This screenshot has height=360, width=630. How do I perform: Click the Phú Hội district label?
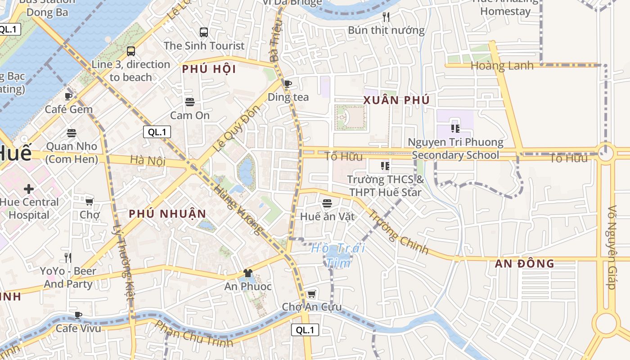tap(209, 69)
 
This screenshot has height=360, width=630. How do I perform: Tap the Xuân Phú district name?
tap(396, 100)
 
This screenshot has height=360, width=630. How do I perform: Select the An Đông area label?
tap(524, 264)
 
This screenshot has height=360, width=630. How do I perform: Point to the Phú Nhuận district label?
tap(167, 214)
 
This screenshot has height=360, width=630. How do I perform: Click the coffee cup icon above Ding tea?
tap(288, 83)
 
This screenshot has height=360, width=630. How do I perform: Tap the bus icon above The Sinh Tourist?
tap(204, 32)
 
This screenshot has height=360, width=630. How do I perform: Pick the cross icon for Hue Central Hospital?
tap(29, 189)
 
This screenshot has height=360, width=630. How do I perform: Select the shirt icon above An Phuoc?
tap(247, 273)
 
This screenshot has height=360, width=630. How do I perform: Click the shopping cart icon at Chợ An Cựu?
tap(311, 294)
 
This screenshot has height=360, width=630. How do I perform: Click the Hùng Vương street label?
tap(238, 210)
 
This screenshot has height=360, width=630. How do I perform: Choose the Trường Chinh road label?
tap(398, 232)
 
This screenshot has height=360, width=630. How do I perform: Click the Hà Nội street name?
tap(148, 160)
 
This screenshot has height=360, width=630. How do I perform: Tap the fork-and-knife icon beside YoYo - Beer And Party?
tap(68, 257)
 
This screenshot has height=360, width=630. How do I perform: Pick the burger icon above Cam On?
tap(189, 102)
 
